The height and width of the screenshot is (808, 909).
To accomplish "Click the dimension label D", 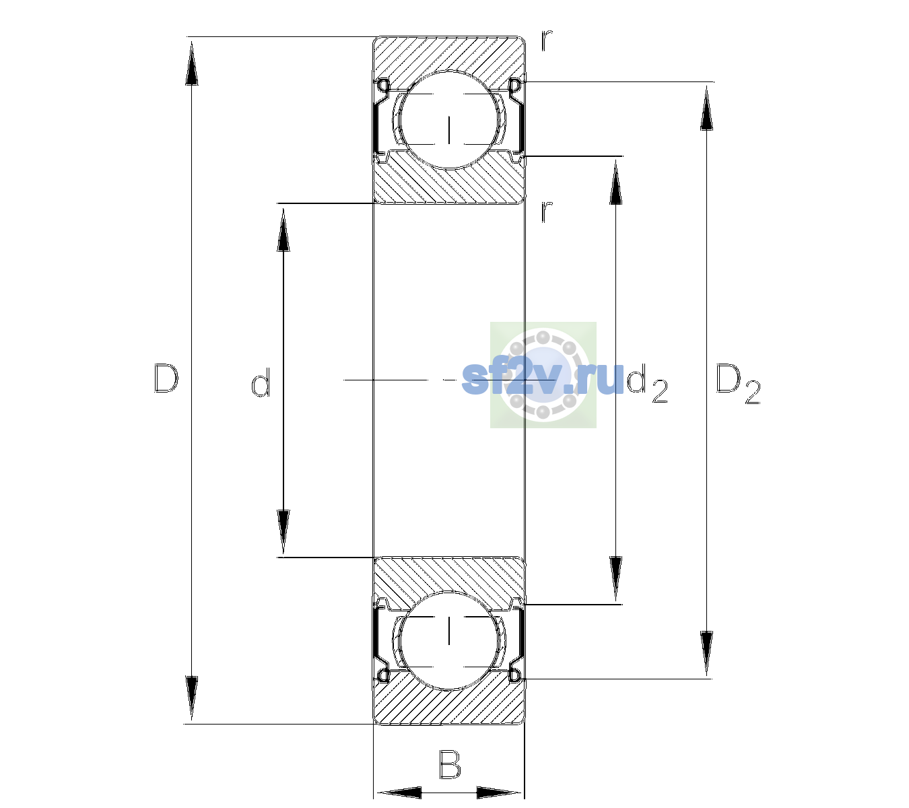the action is (166, 378).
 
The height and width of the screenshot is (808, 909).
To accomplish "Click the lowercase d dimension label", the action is (261, 382).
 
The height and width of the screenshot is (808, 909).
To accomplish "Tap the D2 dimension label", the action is (738, 384).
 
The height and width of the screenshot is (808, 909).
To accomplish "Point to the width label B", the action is (450, 764).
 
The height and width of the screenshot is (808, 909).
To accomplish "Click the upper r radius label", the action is (547, 40).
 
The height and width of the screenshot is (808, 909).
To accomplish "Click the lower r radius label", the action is (547, 211).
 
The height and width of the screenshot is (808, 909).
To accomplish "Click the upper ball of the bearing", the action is (449, 120).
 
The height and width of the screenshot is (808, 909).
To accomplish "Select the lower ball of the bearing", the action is (449, 640).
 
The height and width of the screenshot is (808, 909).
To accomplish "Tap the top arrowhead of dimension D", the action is (192, 63).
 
